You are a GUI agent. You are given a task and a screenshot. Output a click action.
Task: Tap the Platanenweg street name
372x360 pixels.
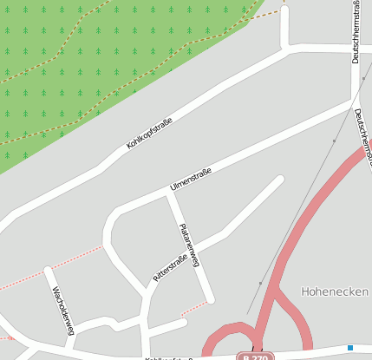pos(190,244)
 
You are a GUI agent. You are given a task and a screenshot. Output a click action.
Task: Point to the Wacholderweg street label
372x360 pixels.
pos(63,310)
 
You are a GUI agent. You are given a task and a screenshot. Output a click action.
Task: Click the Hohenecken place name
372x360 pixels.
pos(335,291)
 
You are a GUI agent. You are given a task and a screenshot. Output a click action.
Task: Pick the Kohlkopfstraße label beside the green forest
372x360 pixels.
pos(148,132)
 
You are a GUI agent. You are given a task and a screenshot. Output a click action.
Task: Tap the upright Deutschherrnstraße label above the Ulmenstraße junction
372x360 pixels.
pos(356,32)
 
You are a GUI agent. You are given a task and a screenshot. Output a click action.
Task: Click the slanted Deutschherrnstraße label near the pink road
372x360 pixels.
pos(362,137)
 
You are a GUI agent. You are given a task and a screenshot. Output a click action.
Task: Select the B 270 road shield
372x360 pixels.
pos(257,357)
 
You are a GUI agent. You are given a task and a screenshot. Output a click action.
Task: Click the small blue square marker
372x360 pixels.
pos(350,348)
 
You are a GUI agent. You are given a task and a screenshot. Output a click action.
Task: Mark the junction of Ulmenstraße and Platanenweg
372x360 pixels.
pos(170,195)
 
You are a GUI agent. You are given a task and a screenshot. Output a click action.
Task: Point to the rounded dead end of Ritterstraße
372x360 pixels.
pos(278,180)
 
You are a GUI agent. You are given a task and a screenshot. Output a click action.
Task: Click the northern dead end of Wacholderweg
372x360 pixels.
pos(49,272)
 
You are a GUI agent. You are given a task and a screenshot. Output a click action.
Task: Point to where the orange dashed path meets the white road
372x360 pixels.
pos(284,11)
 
